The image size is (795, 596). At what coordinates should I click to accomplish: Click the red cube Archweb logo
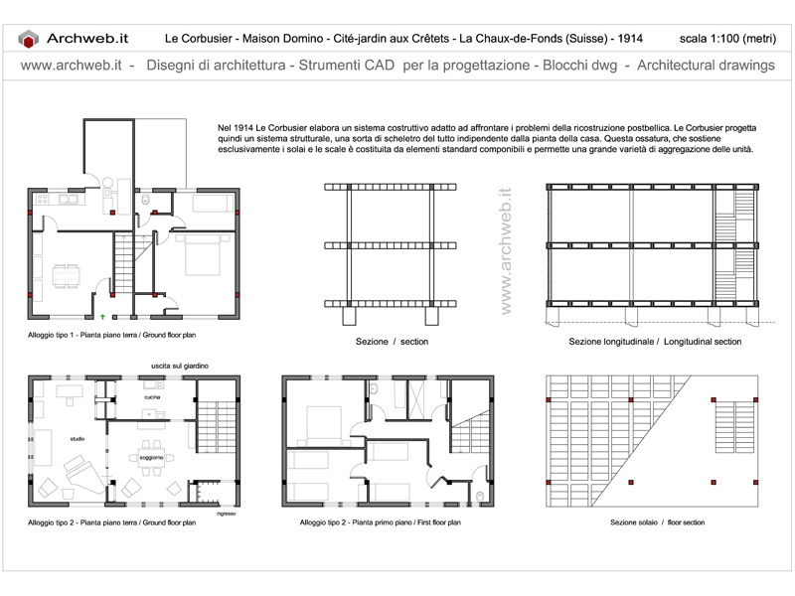pos(29,39)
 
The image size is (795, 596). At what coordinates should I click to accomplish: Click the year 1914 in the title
pos(630,39)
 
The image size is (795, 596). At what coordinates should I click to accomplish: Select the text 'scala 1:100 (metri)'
pos(727,39)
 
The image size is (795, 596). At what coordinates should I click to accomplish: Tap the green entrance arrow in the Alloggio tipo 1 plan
pos(102,317)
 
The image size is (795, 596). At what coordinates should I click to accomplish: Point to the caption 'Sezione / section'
pos(392,342)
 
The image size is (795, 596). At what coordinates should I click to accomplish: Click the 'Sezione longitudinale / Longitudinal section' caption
pos(655,342)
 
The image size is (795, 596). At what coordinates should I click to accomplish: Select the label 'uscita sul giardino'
pos(180,366)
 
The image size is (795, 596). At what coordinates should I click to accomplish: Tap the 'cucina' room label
pos(152,397)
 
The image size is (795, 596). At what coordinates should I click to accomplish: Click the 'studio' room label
pos(78,439)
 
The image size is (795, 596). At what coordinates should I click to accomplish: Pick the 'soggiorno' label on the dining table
pos(152,458)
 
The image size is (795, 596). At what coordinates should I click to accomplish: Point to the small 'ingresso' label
pos(227,514)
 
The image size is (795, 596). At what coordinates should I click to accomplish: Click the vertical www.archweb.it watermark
pos(506,251)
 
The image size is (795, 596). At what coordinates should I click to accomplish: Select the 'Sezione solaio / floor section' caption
pos(657,522)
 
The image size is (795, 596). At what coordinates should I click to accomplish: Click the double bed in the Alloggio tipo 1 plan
pos(202,255)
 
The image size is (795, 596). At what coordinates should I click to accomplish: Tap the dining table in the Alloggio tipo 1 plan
pos(67,276)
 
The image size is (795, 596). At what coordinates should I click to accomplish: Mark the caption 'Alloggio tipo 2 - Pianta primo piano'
pos(356,522)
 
